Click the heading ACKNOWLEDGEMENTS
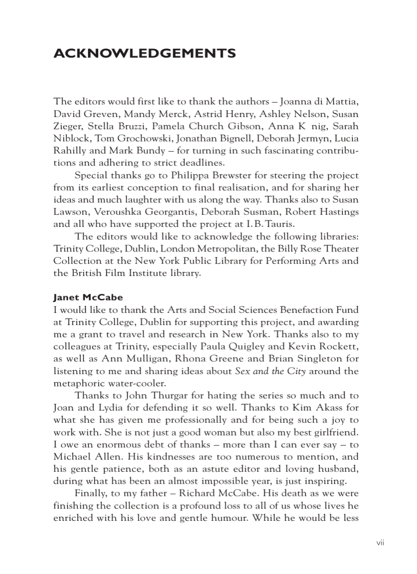coord(145,54)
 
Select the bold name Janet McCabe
coord(88,297)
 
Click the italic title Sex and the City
coord(270,371)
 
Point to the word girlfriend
coord(336,432)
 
